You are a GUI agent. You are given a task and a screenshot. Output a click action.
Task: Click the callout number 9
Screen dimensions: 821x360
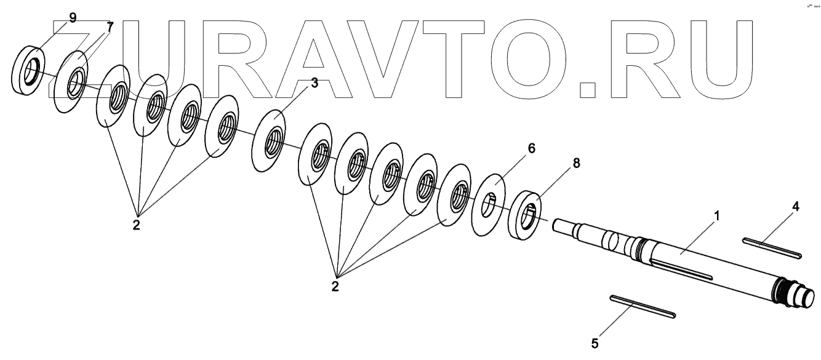pyautogui.click(x=73, y=17)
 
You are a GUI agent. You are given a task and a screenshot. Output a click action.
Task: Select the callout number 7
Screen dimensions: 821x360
pyautogui.click(x=110, y=26)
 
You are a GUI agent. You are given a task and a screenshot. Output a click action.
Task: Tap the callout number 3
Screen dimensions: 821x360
pyautogui.click(x=314, y=84)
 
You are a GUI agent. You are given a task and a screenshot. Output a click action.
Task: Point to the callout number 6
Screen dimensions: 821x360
pyautogui.click(x=531, y=148)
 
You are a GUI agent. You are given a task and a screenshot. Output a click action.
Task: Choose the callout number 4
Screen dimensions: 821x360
pyautogui.click(x=795, y=207)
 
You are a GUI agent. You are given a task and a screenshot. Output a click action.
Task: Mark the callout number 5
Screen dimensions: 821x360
pyautogui.click(x=595, y=343)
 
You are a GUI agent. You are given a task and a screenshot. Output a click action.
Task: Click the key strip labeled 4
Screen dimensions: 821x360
pyautogui.click(x=771, y=247)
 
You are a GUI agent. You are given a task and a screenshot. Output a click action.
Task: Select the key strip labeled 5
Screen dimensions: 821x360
pyautogui.click(x=643, y=306)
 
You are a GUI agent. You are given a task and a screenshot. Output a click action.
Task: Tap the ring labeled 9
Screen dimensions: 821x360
pyautogui.click(x=28, y=71)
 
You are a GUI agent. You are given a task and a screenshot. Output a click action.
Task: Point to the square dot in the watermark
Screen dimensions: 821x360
pyautogui.click(x=588, y=90)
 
